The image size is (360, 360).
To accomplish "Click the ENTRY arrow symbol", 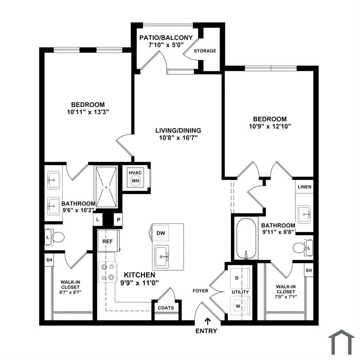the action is (x=208, y=321).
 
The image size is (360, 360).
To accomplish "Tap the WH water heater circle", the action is (x=135, y=181).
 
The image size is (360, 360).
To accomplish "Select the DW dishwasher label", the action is (x=160, y=233).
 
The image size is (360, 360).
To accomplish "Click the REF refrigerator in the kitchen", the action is (x=109, y=241).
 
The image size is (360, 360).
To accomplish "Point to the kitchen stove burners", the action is (x=107, y=272).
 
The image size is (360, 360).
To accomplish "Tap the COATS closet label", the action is (x=166, y=308).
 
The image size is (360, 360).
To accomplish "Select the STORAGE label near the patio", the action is (x=205, y=51).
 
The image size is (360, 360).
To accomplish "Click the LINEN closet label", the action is (x=304, y=187).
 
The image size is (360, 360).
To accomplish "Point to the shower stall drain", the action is (x=106, y=187).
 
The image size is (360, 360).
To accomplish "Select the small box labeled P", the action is (x=118, y=220).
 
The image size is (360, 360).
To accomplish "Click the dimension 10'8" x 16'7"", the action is (x=178, y=138).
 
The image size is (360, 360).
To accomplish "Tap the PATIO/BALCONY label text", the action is (x=166, y=38).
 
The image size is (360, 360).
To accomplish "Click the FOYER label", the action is (x=201, y=291).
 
